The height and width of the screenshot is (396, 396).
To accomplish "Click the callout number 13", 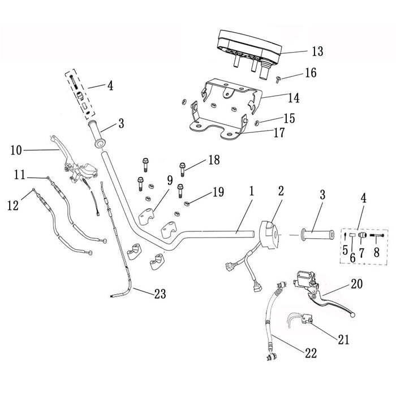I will [x=317, y=52].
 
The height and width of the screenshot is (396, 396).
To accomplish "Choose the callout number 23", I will [x=160, y=294].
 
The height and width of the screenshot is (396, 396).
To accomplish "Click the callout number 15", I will [x=289, y=118].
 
